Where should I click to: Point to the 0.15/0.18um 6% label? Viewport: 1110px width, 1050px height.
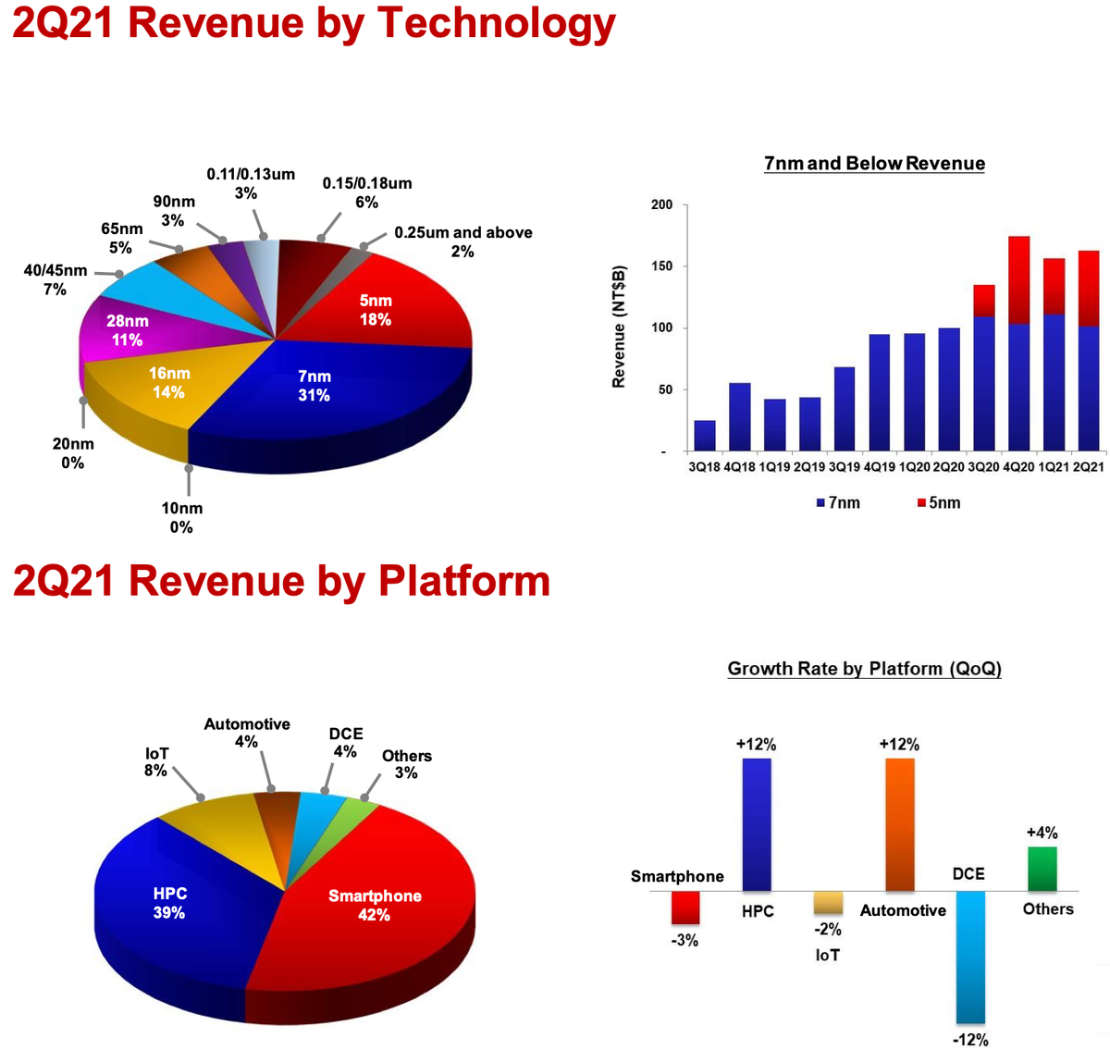[x=367, y=192]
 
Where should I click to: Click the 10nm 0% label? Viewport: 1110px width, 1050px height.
[x=180, y=517]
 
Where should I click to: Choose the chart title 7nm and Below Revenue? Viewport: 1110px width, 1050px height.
[x=874, y=164]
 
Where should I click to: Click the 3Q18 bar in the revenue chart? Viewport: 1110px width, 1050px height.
[x=705, y=436]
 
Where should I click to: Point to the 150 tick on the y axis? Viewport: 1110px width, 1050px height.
[x=662, y=266]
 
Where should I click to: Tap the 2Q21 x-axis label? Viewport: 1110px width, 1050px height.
[x=1089, y=467]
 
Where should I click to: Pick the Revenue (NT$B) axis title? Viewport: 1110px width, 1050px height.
[x=620, y=327]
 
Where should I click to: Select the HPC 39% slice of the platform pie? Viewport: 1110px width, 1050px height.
[x=171, y=903]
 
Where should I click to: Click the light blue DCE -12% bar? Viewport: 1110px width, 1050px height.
[x=970, y=957]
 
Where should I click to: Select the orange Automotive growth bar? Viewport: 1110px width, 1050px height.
[x=900, y=823]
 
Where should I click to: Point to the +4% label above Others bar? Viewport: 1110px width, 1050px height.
[x=1042, y=833]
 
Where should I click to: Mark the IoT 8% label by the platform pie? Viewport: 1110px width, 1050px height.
[x=156, y=761]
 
